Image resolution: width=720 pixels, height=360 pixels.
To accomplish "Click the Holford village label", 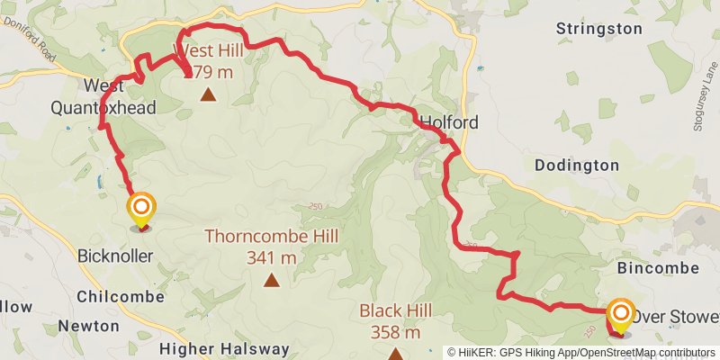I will pyautogui.click(x=449, y=121).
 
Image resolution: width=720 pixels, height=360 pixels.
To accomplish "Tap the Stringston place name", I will pyautogui.click(x=599, y=29).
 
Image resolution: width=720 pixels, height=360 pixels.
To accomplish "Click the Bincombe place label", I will pyautogui.click(x=659, y=268).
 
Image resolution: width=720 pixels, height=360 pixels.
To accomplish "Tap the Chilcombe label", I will pyautogui.click(x=121, y=296).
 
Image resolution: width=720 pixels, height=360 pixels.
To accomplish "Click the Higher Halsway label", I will pyautogui.click(x=225, y=348).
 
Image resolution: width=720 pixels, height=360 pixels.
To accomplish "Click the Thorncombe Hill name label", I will pyautogui.click(x=271, y=237).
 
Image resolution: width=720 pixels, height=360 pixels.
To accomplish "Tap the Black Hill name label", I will pyautogui.click(x=395, y=310).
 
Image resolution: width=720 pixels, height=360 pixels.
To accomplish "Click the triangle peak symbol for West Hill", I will pyautogui.click(x=208, y=94).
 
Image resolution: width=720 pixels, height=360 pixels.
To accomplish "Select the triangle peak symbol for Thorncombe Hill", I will pyautogui.click(x=271, y=280).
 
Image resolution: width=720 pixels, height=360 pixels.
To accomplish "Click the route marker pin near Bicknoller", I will pyautogui.click(x=141, y=211).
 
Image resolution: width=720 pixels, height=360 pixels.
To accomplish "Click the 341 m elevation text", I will pyautogui.click(x=271, y=257).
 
